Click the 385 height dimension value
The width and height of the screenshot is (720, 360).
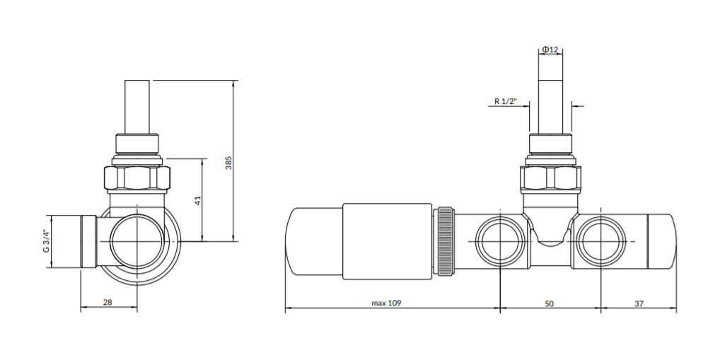click(x=228, y=163)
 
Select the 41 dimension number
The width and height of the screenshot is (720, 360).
click(x=198, y=200)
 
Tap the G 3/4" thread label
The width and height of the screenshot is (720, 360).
click(x=46, y=240)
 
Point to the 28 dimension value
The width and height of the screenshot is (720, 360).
click(x=108, y=302)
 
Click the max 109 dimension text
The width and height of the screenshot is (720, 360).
click(x=386, y=303)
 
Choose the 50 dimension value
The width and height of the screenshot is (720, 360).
click(x=549, y=303)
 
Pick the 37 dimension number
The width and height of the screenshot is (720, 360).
click(x=639, y=303)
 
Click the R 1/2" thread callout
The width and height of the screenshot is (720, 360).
click(x=506, y=101)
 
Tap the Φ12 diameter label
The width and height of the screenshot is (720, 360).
click(x=550, y=49)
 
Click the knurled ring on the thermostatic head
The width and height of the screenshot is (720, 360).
click(x=444, y=241)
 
